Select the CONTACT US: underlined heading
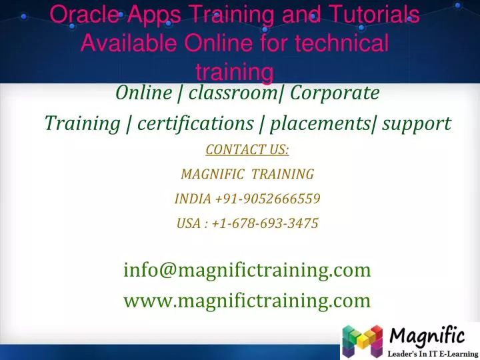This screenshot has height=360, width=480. (x=247, y=150)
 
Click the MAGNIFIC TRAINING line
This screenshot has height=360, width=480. (x=247, y=175)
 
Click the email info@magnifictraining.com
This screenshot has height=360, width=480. (x=247, y=270)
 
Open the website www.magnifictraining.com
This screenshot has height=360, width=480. (x=247, y=301)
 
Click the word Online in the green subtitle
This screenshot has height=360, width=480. (x=143, y=93)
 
